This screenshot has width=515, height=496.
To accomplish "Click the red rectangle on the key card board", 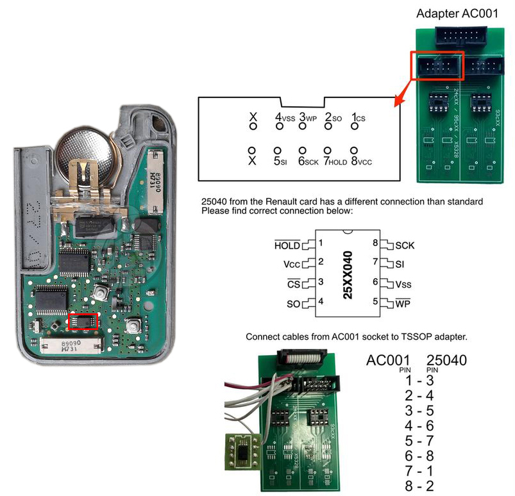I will (83, 321).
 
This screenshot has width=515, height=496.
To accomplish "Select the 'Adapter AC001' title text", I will (456, 13).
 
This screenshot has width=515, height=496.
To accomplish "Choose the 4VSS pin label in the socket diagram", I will (285, 118).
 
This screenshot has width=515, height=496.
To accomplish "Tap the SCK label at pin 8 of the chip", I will (405, 245).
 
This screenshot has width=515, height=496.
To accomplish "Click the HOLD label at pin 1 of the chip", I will (287, 245).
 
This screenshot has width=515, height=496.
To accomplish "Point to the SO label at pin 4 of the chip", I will (294, 303).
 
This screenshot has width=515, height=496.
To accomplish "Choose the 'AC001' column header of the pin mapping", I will (387, 361).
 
